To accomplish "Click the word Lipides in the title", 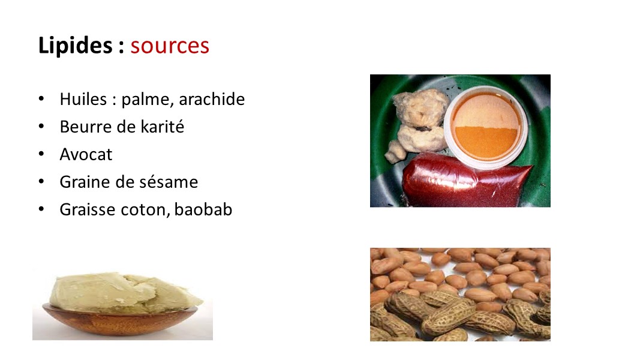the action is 75,46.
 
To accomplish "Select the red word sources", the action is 170,46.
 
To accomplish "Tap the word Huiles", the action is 83,99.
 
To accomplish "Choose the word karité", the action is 163,127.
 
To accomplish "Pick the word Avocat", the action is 86,155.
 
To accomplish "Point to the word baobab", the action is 203,209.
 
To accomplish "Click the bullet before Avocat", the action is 41,154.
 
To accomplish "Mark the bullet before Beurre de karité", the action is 41,126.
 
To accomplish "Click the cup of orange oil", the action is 486,127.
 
